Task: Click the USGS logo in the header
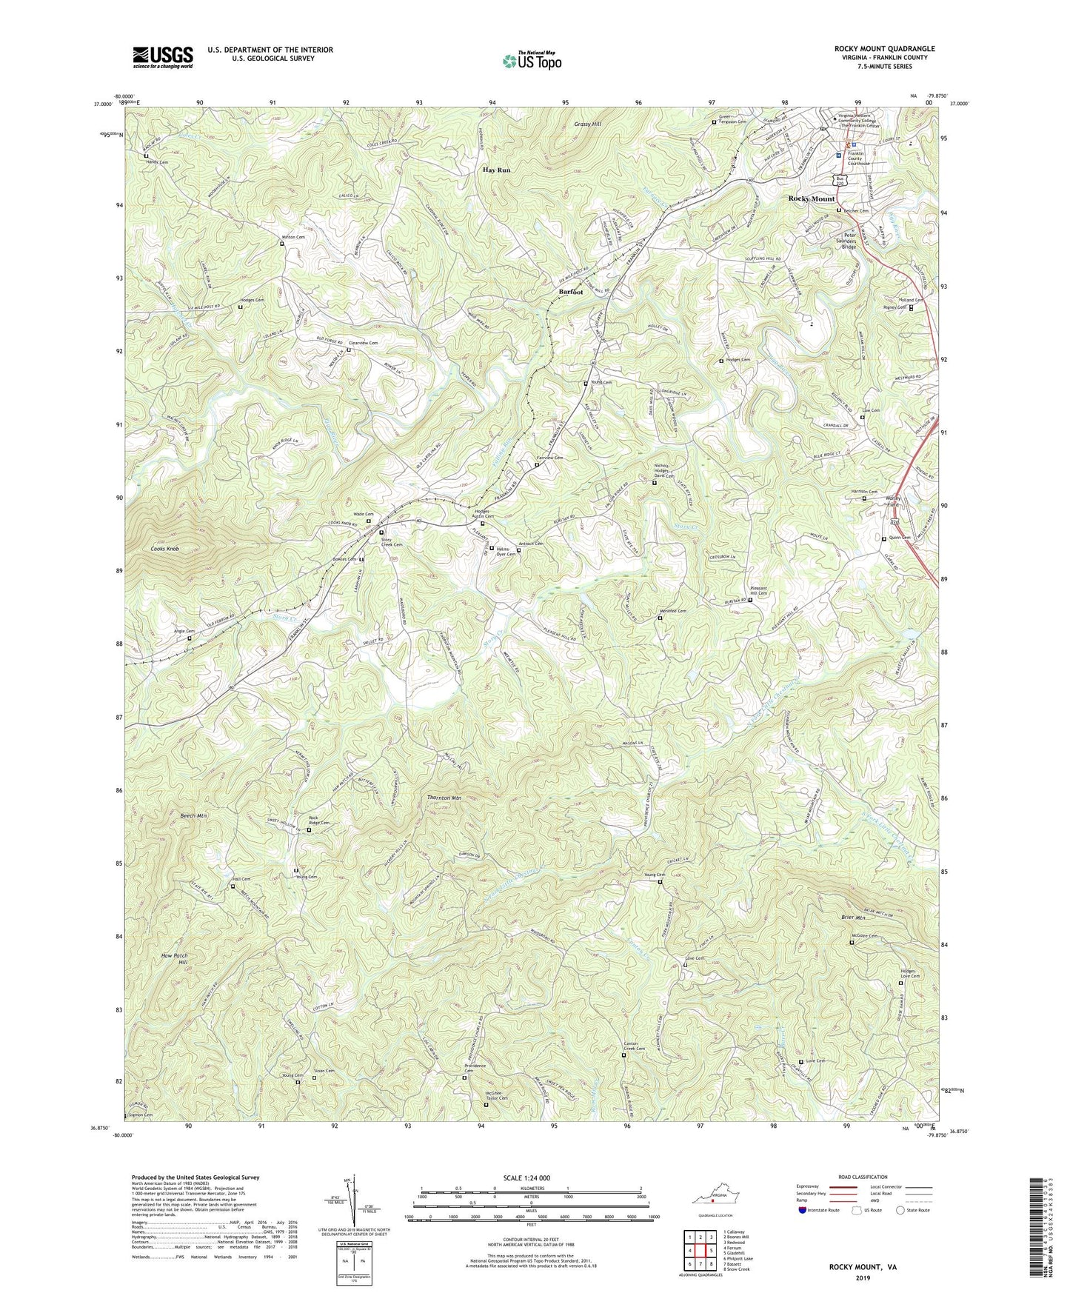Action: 162,57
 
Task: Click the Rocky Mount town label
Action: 811,198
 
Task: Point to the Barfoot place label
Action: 570,292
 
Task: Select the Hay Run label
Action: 497,170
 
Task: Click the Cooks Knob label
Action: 162,549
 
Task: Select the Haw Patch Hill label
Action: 174,960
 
